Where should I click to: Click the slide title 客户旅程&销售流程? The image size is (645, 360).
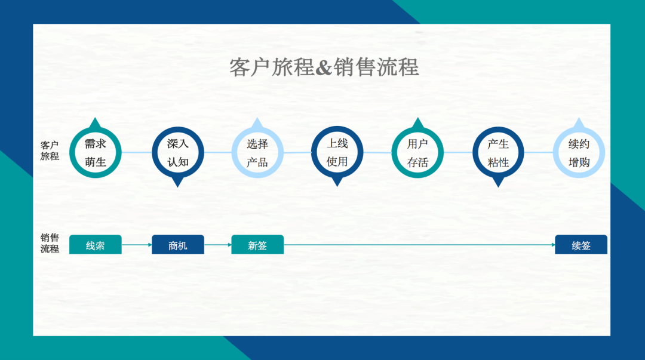[x=324, y=67]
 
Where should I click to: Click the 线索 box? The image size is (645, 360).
[x=96, y=244]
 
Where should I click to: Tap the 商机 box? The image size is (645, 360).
[x=178, y=244]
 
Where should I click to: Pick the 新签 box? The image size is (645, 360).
[x=257, y=244]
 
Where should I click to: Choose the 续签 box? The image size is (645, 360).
[x=581, y=244]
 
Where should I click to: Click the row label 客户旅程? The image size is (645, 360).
[x=50, y=150]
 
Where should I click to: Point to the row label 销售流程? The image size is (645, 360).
[x=50, y=243]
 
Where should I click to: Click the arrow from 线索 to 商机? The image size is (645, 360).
[x=137, y=245]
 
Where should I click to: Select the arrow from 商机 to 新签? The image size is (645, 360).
[x=217, y=245]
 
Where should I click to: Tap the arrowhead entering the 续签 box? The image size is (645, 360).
[x=553, y=245]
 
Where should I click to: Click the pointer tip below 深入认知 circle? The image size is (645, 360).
[x=178, y=187]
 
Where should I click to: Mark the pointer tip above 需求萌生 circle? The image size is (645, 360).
[x=96, y=118]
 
